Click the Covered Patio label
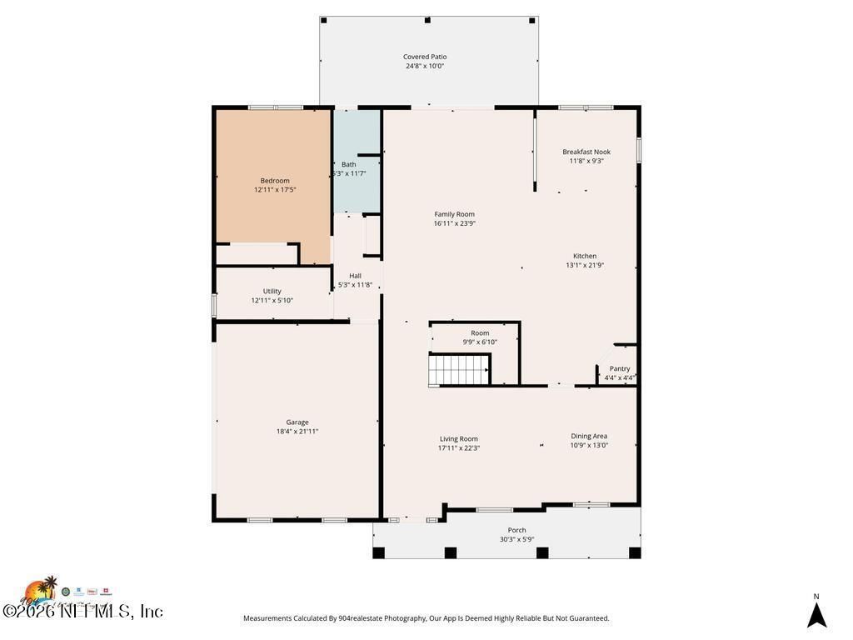pyautogui.click(x=425, y=57)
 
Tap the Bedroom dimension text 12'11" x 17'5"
pyautogui.click(x=275, y=190)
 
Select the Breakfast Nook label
pyautogui.click(x=586, y=152)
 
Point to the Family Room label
pyautogui.click(x=454, y=214)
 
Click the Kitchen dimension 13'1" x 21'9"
pyautogui.click(x=585, y=265)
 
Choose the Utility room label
pyautogui.click(x=272, y=291)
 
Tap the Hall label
pyautogui.click(x=356, y=276)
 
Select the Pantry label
pyautogui.click(x=620, y=368)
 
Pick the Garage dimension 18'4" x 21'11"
pyautogui.click(x=297, y=432)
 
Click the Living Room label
pyautogui.click(x=459, y=438)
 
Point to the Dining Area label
pyautogui.click(x=589, y=436)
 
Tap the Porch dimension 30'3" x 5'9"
pyautogui.click(x=517, y=539)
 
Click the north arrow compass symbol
pyautogui.click(x=816, y=615)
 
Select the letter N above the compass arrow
pyautogui.click(x=816, y=596)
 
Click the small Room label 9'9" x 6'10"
pyautogui.click(x=480, y=333)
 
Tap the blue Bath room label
pyautogui.click(x=348, y=164)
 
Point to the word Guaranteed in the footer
pyautogui.click(x=582, y=618)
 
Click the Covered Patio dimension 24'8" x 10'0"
pyautogui.click(x=425, y=66)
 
